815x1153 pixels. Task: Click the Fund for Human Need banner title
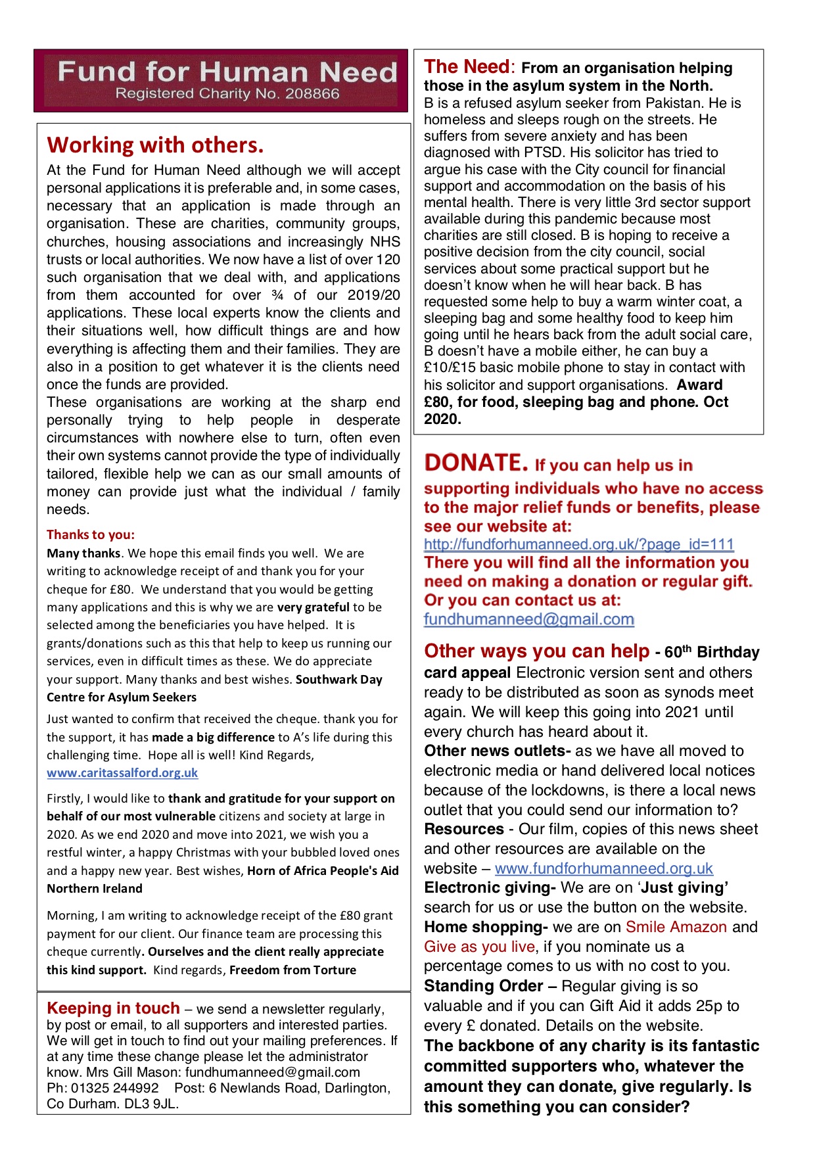[x=227, y=72]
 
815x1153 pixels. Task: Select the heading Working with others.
[x=155, y=145]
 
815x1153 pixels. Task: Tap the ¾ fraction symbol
[x=277, y=295]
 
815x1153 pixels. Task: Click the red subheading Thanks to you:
[x=91, y=534]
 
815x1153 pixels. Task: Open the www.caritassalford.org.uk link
[x=122, y=773]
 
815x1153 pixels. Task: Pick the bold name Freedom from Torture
[x=292, y=970]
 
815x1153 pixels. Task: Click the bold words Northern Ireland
[x=95, y=889]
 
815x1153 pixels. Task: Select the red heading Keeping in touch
[x=113, y=1008]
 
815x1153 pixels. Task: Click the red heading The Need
[x=466, y=67]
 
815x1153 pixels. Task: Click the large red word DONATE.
[x=476, y=463]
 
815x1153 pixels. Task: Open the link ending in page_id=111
[x=578, y=544]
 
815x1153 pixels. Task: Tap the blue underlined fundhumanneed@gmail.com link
[x=528, y=619]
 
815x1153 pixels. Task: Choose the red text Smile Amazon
[x=676, y=927]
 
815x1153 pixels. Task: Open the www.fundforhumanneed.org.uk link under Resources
[x=603, y=868]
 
